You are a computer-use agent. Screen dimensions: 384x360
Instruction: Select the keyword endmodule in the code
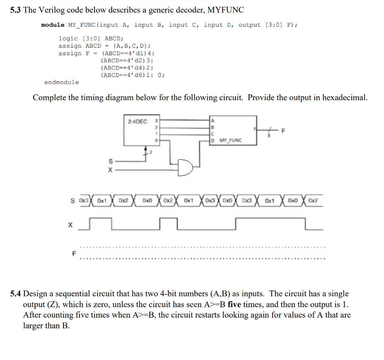point(61,82)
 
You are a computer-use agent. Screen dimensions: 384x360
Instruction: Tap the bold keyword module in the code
point(52,25)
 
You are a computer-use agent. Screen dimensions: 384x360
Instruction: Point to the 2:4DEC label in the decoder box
point(138,121)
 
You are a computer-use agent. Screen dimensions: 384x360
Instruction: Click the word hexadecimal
point(345,97)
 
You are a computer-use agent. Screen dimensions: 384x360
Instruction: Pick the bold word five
point(234,304)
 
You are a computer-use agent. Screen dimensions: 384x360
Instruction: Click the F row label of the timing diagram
point(74,253)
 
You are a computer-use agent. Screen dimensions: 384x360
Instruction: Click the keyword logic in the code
point(68,39)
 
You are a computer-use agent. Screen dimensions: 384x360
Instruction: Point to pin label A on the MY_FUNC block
point(213,120)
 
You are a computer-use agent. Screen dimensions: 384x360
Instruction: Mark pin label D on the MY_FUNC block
point(213,140)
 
